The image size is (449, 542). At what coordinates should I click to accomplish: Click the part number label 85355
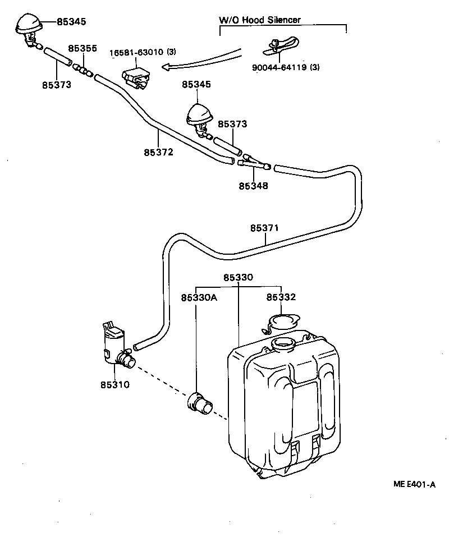(x=83, y=49)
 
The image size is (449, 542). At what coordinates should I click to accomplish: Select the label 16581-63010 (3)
(x=143, y=52)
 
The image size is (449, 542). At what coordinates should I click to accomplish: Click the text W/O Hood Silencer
(x=259, y=20)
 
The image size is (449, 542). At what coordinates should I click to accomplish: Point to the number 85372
(x=158, y=152)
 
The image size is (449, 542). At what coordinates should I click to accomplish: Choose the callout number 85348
(x=253, y=185)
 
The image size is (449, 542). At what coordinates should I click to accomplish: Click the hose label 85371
(x=264, y=228)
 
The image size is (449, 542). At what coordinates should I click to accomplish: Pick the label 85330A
(x=199, y=297)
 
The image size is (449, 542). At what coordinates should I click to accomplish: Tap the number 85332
(x=281, y=297)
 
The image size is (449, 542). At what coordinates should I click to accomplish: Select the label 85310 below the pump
(x=115, y=385)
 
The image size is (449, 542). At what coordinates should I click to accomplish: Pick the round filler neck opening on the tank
(x=282, y=343)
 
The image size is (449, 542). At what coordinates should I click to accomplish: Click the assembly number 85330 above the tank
(x=239, y=278)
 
